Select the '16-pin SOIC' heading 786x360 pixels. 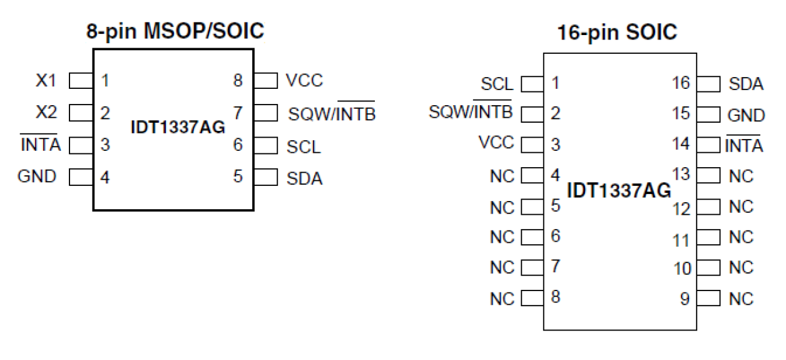(617, 33)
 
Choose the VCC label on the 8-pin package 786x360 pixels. (305, 81)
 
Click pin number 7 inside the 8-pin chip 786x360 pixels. (237, 113)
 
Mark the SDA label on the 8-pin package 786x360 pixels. (305, 178)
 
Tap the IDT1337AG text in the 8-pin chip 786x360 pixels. (177, 129)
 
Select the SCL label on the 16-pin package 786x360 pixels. (497, 84)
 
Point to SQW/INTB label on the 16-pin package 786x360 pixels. (471, 113)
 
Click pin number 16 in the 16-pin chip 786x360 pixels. (681, 83)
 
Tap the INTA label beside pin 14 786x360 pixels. (744, 146)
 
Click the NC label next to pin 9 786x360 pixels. (742, 298)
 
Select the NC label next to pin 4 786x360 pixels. (502, 177)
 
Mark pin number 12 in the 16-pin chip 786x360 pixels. (682, 208)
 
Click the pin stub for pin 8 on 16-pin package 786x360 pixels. (532, 298)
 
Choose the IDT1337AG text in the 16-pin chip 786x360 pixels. (619, 190)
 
